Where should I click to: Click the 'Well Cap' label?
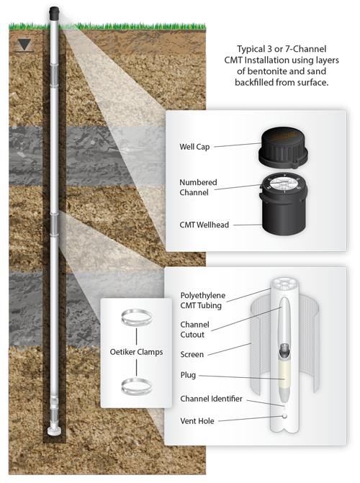click(x=194, y=147)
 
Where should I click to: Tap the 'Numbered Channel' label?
click(x=198, y=187)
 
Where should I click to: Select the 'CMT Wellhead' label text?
click(x=204, y=225)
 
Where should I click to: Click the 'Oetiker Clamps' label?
click(x=136, y=352)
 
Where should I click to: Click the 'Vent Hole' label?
click(x=197, y=421)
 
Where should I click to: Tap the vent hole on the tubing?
click(x=284, y=416)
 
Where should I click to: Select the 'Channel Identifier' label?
click(x=211, y=399)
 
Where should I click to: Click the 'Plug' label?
click(x=188, y=375)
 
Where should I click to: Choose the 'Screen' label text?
click(x=192, y=354)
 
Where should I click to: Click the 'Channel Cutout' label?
click(x=194, y=330)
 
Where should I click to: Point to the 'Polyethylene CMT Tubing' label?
click(x=203, y=300)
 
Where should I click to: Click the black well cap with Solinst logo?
click(x=283, y=148)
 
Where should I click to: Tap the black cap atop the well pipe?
click(x=54, y=14)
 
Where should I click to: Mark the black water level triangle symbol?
click(x=24, y=45)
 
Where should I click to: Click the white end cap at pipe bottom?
click(x=54, y=431)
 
